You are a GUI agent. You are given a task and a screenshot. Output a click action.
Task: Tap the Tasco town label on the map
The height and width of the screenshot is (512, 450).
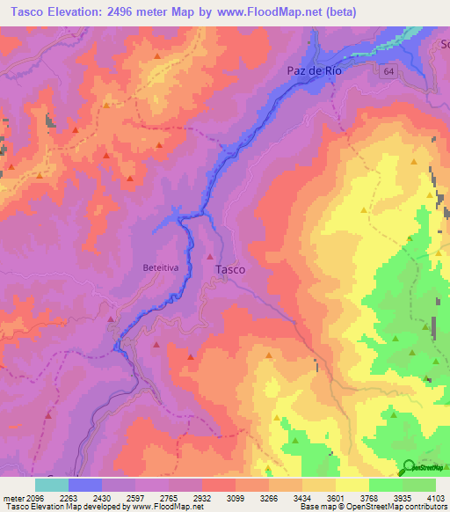point(230,270)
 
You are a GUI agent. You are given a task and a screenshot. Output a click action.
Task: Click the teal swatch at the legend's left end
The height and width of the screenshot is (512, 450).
point(51,485)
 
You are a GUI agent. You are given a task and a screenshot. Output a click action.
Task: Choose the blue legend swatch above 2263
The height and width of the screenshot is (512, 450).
point(84,485)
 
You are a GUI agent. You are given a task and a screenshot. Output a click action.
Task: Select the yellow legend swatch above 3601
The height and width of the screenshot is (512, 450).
point(352,485)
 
